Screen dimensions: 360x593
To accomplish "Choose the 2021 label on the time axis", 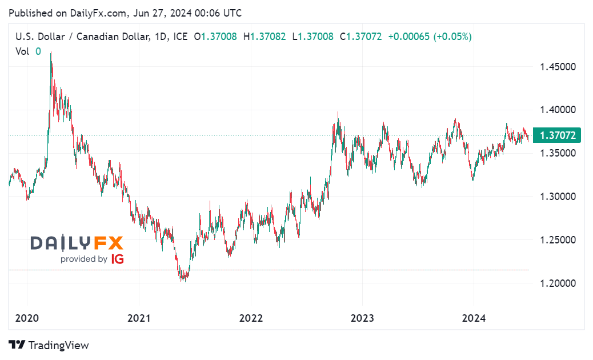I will [139, 318].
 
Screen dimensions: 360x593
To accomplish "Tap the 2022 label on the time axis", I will [250, 318].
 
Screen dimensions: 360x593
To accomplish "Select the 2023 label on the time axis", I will [362, 318].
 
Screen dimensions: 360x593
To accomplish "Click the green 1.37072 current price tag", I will [556, 135].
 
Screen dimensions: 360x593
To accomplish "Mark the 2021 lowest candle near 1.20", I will [182, 279].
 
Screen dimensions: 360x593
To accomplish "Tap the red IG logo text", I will [117, 259].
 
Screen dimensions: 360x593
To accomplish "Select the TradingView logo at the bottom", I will [49, 345].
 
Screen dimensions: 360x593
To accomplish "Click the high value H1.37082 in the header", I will [265, 37].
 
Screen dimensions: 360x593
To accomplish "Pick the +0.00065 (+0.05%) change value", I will [430, 37].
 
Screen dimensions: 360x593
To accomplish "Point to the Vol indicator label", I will [22, 51].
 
